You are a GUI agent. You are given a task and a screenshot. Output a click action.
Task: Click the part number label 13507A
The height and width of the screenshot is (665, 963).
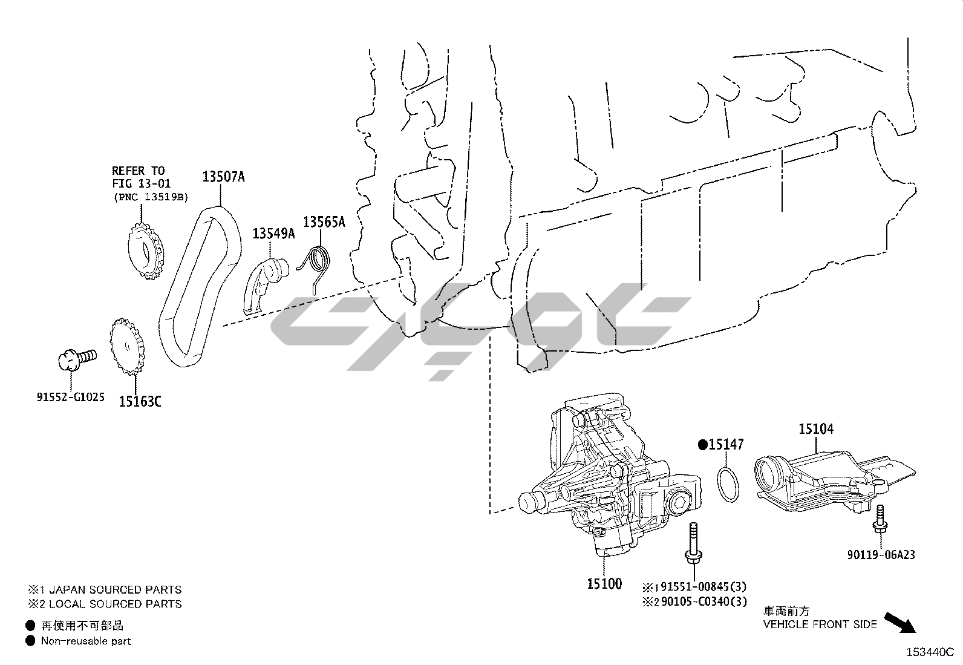point(223,177)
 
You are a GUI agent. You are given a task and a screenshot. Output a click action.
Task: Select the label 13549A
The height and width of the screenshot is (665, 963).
point(273,233)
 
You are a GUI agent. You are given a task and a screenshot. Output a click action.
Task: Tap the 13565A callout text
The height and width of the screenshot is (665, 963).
point(324,222)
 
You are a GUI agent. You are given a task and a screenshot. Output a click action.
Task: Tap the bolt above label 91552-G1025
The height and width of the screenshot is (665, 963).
point(76,358)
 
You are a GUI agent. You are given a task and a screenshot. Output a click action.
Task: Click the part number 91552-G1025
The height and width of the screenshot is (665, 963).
point(70,397)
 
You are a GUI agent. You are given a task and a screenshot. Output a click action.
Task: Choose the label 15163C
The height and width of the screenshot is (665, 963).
point(140,401)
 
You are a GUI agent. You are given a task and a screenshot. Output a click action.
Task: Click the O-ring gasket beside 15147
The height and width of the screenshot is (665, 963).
point(728,483)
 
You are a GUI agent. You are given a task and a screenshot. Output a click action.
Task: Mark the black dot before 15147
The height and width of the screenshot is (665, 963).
point(702,445)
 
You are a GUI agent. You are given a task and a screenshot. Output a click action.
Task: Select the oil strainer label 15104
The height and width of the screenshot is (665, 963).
point(815,429)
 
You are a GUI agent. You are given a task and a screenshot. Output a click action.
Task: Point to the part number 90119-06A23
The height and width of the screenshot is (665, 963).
point(880,554)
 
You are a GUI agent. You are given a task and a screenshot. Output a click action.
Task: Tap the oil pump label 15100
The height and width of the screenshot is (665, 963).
point(604,584)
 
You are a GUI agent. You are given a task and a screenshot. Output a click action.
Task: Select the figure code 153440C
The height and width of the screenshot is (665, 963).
point(929,652)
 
